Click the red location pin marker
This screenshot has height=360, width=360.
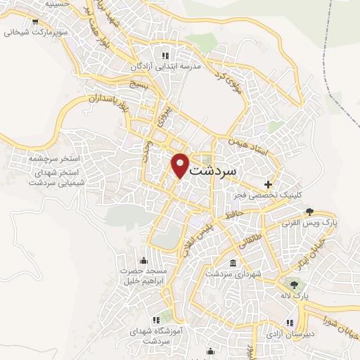click(181, 165)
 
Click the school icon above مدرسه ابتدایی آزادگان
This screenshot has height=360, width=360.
click(165, 55)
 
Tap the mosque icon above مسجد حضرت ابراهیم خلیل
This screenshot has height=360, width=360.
click(143, 260)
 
